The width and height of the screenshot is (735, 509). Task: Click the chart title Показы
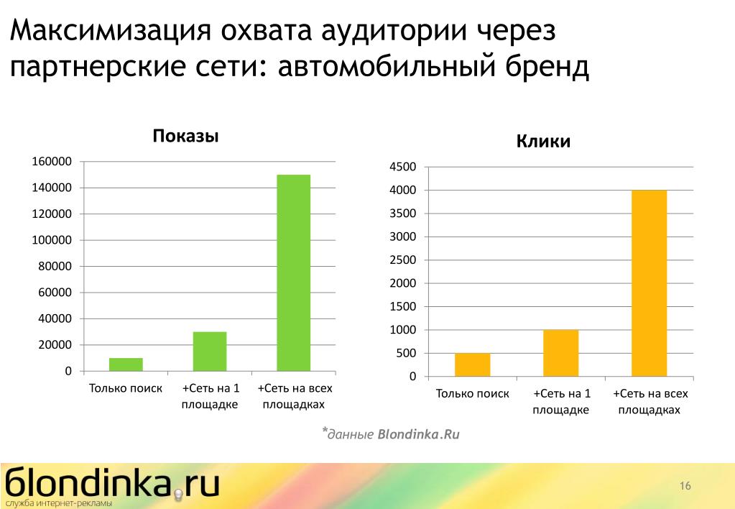(x=185, y=136)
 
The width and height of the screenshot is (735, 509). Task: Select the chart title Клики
(x=543, y=141)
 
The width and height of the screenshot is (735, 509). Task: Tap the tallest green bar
(x=293, y=273)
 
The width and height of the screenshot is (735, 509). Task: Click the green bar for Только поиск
(x=126, y=364)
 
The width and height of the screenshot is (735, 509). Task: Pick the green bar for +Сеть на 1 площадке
(x=210, y=352)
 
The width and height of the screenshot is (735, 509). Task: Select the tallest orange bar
(x=650, y=283)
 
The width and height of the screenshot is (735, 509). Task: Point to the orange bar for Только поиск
(x=473, y=364)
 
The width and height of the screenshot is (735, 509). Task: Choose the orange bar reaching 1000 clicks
(x=560, y=353)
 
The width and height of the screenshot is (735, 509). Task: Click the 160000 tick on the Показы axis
(x=52, y=161)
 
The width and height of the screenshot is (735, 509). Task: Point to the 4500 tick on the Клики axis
(x=402, y=167)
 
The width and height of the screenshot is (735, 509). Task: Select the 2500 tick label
(x=402, y=260)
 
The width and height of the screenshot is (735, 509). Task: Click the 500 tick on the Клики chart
(x=406, y=353)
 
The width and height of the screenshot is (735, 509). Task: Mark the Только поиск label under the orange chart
(x=473, y=393)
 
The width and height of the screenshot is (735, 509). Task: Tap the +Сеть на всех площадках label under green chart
(x=295, y=396)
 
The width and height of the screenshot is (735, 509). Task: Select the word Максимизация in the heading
(x=111, y=30)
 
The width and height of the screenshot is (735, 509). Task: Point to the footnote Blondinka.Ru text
(x=419, y=434)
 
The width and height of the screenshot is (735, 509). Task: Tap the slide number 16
(x=685, y=485)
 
